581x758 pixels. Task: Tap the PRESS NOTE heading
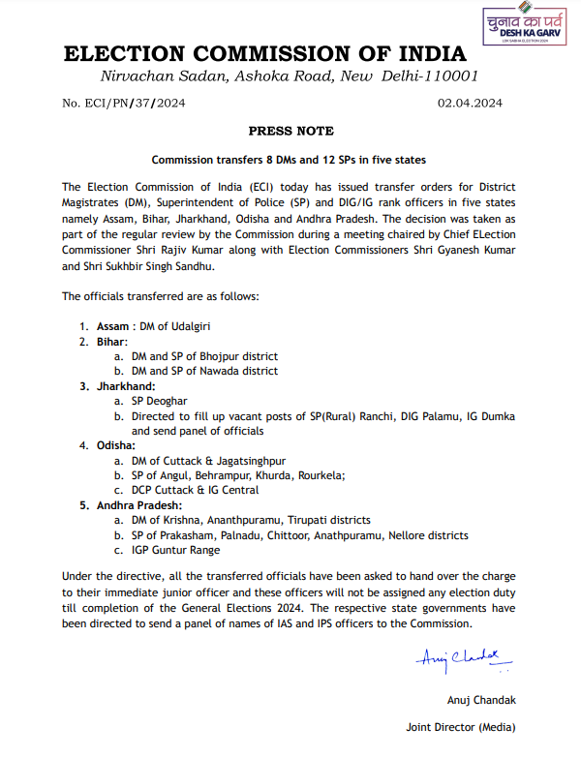point(290,131)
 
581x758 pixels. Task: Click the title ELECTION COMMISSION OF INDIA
point(264,54)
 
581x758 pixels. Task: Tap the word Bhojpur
point(222,356)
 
